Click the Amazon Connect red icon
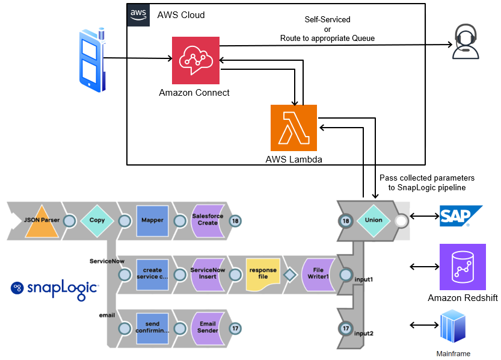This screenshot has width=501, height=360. (x=195, y=60)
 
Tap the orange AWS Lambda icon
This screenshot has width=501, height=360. (x=294, y=128)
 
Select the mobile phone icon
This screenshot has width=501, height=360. (x=92, y=59)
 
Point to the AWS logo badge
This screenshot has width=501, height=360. (x=139, y=15)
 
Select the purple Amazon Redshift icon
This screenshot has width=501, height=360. (x=462, y=267)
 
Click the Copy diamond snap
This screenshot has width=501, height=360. (x=97, y=220)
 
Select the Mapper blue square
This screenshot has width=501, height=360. (x=152, y=220)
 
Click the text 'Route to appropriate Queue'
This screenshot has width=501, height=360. (x=327, y=39)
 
